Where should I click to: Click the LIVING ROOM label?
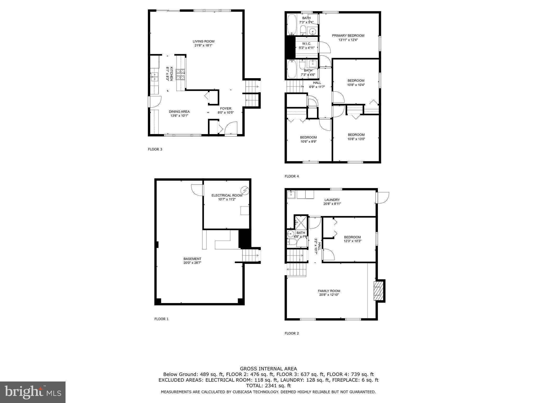(x=203, y=41)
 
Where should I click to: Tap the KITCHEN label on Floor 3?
(x=171, y=73)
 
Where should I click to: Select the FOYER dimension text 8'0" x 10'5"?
(x=225, y=113)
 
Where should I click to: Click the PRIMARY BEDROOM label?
(x=348, y=36)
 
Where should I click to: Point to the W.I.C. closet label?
(x=306, y=44)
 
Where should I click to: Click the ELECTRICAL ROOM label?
(x=227, y=195)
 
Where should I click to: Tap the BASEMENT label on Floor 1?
(x=192, y=259)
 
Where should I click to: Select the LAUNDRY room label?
(x=332, y=200)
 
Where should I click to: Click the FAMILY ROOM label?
(x=329, y=291)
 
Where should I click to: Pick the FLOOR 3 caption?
(x=155, y=149)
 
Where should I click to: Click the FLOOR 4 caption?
(x=292, y=176)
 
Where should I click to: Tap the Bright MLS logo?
(x=33, y=392)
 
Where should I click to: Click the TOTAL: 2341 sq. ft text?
(x=268, y=386)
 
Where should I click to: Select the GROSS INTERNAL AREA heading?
(x=268, y=369)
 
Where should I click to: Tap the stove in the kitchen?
(x=180, y=74)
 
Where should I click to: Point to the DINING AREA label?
(x=179, y=112)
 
